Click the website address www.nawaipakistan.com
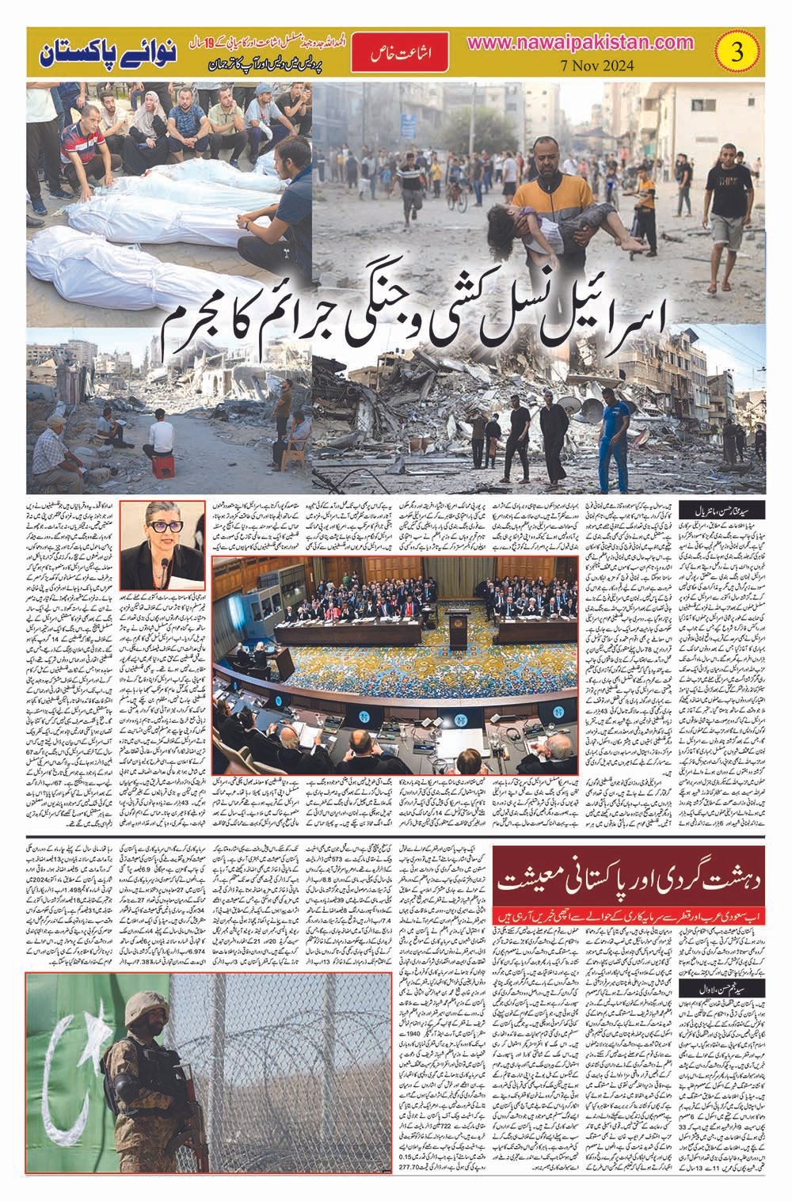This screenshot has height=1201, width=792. (600, 44)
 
